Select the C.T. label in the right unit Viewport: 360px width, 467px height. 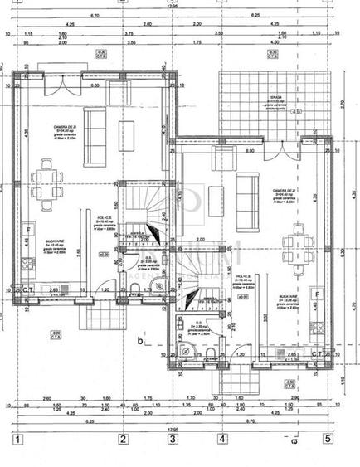click(x=316, y=354)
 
